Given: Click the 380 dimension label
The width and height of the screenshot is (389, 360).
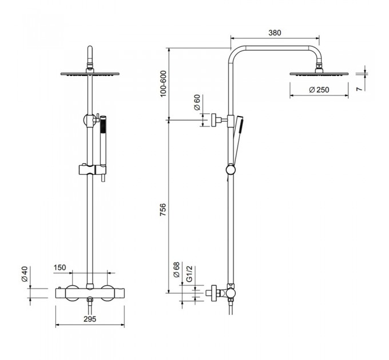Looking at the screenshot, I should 275,33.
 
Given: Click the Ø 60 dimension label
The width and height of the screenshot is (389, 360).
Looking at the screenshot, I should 197,103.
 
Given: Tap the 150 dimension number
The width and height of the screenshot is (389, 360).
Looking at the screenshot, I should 59,267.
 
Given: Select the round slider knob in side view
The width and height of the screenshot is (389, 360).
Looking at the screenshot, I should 230,170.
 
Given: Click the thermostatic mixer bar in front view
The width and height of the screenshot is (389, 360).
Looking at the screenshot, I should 89,292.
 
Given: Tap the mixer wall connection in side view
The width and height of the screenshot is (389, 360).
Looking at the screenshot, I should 215,292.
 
